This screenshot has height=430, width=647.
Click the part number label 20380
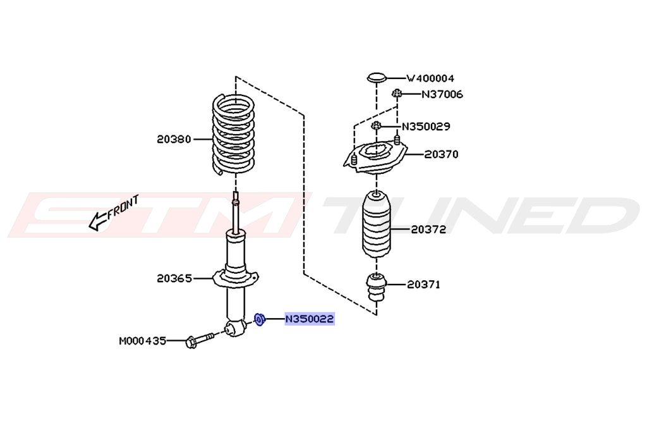click(174, 139)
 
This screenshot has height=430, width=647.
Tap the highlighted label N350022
click(309, 319)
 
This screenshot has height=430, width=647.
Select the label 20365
click(174, 278)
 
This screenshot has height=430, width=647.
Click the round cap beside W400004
click(377, 78)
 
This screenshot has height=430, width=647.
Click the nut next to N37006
click(397, 94)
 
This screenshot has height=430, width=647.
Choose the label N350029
click(426, 126)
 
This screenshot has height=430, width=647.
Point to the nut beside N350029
click(377, 126)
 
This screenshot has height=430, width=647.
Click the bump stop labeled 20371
click(377, 288)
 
